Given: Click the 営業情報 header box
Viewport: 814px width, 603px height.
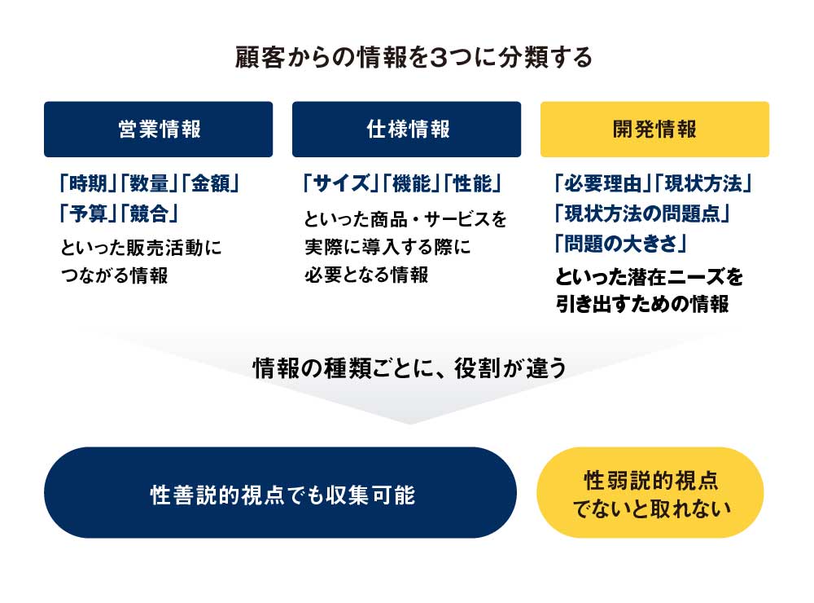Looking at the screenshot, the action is coord(159,130).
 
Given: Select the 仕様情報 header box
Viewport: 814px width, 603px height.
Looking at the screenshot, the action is coord(406,130).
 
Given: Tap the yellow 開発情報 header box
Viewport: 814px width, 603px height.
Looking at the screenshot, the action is coord(654,130).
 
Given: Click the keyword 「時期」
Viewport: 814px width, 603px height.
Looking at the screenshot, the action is coord(87,183).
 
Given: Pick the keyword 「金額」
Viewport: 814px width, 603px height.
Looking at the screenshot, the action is coord(210,183).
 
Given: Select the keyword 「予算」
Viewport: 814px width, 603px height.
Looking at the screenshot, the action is coord(87,213).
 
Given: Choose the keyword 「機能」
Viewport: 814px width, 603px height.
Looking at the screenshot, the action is coord(411,183).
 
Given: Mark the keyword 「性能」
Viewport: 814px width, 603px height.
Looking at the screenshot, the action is coord(472,183).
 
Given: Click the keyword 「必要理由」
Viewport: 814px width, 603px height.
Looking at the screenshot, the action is coord(602,183).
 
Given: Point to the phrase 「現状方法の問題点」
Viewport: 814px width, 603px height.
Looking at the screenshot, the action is coord(642,213).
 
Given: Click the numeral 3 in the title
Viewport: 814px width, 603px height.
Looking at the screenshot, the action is coord(439,57).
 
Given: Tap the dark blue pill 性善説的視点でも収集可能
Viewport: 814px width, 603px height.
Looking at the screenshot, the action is coord(280,492).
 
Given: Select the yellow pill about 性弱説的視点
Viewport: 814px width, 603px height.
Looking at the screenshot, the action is coord(650,492).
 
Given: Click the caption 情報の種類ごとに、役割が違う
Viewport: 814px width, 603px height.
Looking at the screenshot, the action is coord(409,368).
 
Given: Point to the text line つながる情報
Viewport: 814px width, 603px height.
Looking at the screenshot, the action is coord(114,275).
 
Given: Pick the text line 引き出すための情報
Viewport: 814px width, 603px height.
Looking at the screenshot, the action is coord(642,304).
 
